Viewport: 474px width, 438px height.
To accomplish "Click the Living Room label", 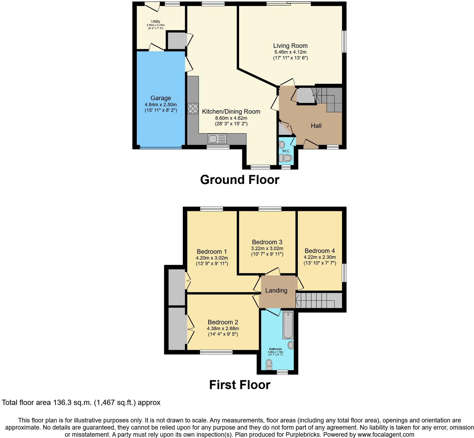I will pyautogui.click(x=290, y=46).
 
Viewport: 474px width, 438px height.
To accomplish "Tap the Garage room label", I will pyautogui.click(x=161, y=98).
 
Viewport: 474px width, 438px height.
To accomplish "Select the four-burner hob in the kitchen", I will pyautogui.click(x=193, y=108).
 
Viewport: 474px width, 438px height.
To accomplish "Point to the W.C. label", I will pyautogui.click(x=286, y=151).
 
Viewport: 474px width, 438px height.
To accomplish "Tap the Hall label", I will pyautogui.click(x=316, y=126).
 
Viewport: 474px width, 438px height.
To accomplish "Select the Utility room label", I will pyautogui.click(x=156, y=21).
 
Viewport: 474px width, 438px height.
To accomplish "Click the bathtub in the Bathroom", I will pyautogui.click(x=288, y=325).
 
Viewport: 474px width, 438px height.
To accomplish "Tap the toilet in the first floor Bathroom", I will pyautogui.click(x=269, y=364).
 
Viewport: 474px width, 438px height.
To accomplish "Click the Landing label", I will pyautogui.click(x=276, y=291).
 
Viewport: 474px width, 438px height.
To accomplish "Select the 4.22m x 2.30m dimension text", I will pyautogui.click(x=320, y=257).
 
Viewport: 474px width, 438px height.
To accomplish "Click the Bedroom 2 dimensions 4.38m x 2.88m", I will pyautogui.click(x=223, y=329).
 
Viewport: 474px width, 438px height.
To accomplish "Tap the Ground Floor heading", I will pyautogui.click(x=239, y=180).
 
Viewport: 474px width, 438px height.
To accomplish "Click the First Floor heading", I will pyautogui.click(x=239, y=385).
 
